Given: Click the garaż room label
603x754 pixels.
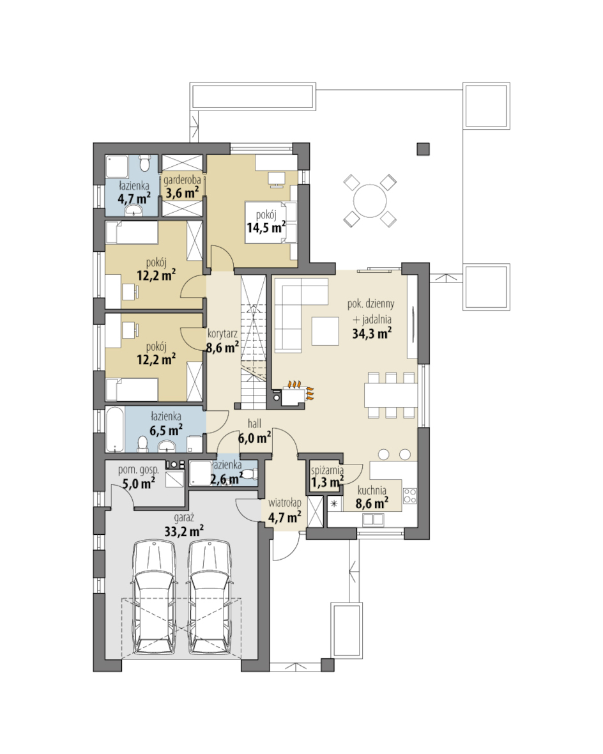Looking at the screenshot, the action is (184, 518).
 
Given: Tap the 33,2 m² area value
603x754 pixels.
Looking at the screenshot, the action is (184, 532).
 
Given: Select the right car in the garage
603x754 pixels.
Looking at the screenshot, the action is (210, 597).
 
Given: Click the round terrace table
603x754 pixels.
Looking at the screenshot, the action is (370, 201).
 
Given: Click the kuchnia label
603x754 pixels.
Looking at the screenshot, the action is (372, 491).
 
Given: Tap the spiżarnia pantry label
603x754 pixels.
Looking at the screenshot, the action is (327, 470).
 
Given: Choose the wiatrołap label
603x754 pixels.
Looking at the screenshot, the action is (285, 503).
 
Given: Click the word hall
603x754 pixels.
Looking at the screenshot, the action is (254, 423).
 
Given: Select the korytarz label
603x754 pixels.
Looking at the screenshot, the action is (222, 334).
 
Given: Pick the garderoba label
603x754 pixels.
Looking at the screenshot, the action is (182, 180).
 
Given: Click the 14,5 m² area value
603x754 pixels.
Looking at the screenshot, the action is (266, 227).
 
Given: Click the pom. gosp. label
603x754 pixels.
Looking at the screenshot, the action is (139, 470).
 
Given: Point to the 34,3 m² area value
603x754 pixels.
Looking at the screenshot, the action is (372, 333).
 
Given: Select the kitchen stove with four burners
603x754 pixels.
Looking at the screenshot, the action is (409, 496).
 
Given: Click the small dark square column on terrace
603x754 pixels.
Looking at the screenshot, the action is (423, 149).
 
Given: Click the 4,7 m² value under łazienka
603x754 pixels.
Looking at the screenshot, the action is (134, 198).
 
